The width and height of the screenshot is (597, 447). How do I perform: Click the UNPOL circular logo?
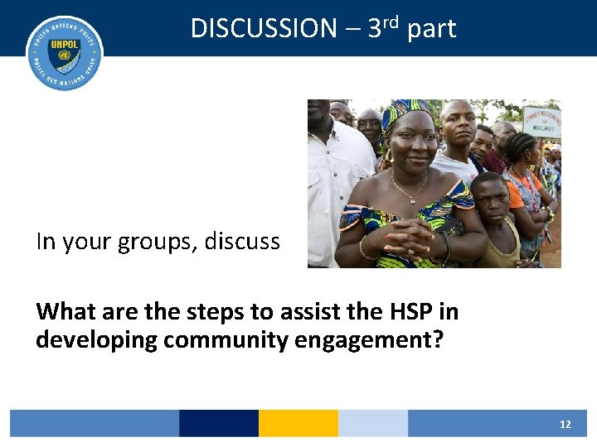click(65, 53)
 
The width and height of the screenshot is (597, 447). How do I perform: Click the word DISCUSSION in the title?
click(264, 28)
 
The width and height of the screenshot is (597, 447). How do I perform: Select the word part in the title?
click(431, 30)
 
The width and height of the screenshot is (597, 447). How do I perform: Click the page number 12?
click(565, 424)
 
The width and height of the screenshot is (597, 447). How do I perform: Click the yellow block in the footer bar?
click(298, 423)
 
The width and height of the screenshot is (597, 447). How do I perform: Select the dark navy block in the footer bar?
click(218, 423)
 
